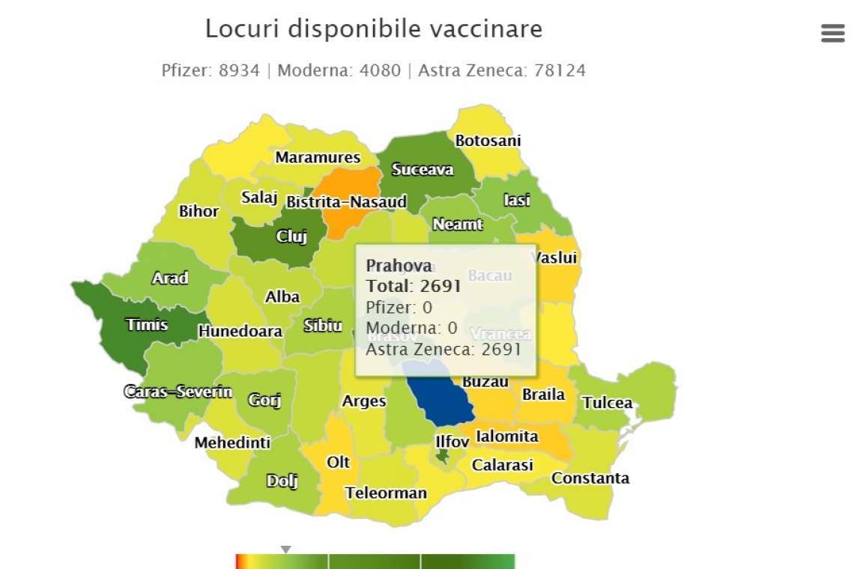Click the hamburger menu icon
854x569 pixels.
[832, 33]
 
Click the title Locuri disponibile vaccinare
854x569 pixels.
[374, 29]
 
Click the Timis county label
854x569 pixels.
[147, 325]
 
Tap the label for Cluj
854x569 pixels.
[291, 237]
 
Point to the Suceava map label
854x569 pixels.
[423, 170]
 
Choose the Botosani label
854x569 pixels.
[488, 141]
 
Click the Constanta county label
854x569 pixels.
[590, 478]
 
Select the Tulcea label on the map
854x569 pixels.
[607, 403]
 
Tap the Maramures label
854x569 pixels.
[318, 158]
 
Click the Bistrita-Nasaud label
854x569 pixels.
[346, 202]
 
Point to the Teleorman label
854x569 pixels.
[386, 493]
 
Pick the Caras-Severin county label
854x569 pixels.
[178, 392]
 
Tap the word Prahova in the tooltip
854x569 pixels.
[399, 266]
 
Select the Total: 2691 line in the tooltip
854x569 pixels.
[413, 286]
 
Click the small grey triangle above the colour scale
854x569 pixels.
[285, 550]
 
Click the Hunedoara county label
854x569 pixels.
[240, 331]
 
